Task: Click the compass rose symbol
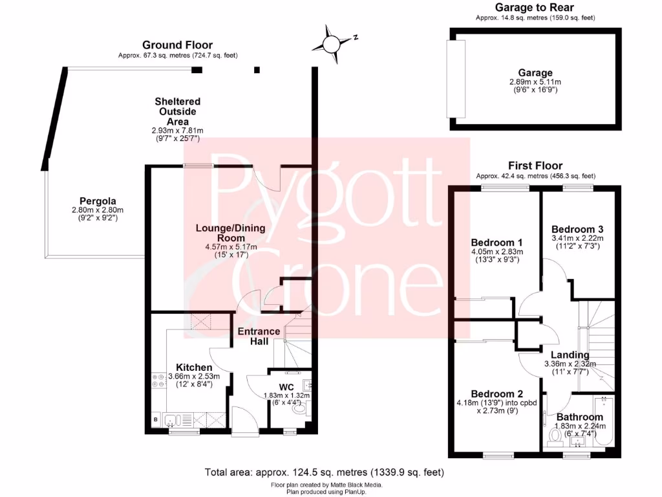332,44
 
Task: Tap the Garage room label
535,73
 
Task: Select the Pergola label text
97,201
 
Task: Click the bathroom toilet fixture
554,439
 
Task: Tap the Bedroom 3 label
577,229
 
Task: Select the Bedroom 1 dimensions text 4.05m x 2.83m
496,252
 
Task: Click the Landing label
570,355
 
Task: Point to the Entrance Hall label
259,336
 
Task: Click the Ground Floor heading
177,45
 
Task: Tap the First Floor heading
535,166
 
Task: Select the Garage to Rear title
535,8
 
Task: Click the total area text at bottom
324,472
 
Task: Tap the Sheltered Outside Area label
177,111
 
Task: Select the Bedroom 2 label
496,394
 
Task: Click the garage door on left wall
456,78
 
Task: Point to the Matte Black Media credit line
326,485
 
